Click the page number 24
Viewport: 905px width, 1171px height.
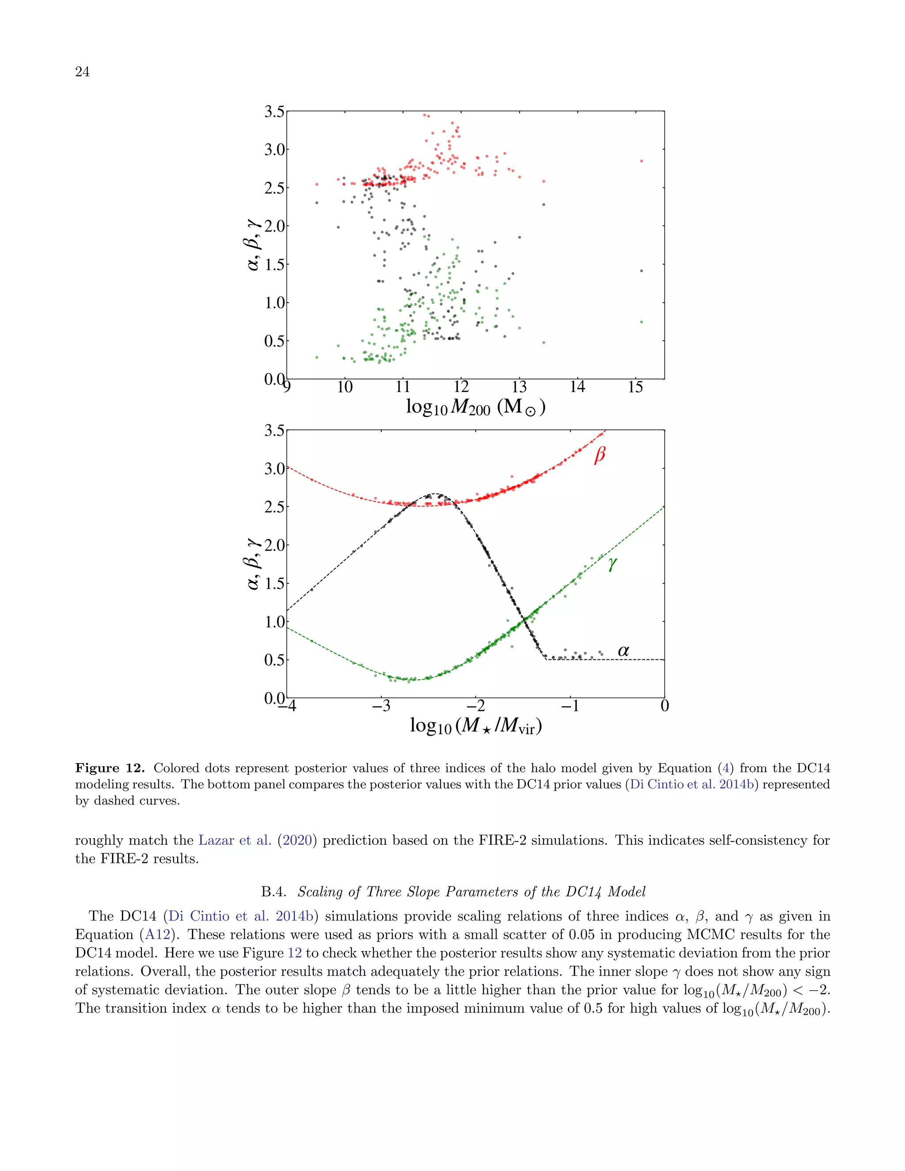pos(83,72)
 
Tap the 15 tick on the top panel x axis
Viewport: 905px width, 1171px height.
pos(635,387)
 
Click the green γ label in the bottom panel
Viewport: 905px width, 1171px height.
pos(612,564)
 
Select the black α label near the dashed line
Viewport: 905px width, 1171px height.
pos(623,651)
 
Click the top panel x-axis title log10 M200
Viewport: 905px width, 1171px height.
pos(475,407)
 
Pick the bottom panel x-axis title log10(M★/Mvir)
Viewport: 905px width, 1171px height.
pos(475,726)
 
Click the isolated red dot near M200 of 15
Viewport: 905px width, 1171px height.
pos(641,161)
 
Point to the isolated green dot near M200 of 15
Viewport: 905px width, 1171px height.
pos(641,322)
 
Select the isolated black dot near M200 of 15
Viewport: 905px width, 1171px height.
pos(641,271)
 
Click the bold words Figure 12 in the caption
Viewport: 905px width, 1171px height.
pos(110,768)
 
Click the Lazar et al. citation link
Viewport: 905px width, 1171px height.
pos(235,840)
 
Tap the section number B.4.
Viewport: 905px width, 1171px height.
pos(274,892)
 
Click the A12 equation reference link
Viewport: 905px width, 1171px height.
pos(156,935)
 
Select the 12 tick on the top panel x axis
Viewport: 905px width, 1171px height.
pos(461,387)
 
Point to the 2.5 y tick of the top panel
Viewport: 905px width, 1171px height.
pos(274,188)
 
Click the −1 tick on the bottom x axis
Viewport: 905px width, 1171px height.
pos(570,706)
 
